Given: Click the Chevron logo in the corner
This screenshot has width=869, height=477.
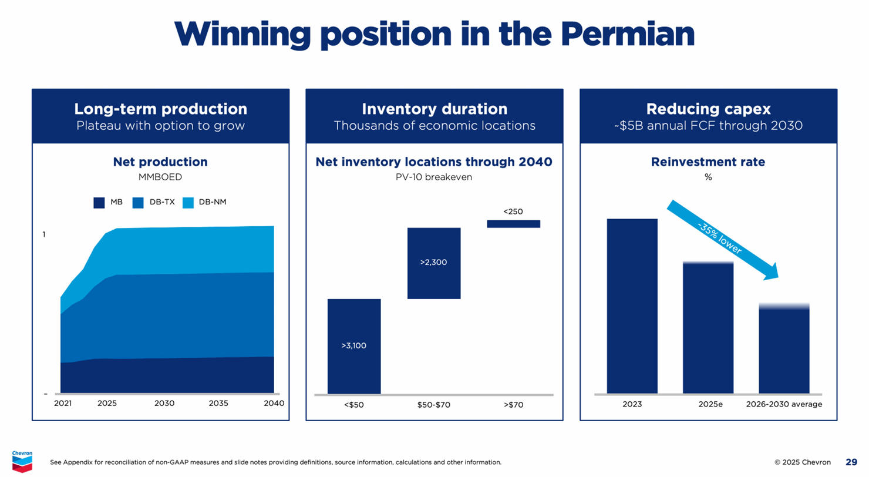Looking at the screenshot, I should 22,461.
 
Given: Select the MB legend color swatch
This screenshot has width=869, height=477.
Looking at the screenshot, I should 99,203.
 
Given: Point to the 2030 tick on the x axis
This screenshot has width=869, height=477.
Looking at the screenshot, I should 164,404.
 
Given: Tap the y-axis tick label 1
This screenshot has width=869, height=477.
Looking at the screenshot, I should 43,234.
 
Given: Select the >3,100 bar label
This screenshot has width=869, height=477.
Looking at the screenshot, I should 353,346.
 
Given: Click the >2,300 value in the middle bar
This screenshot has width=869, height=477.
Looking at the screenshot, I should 433,263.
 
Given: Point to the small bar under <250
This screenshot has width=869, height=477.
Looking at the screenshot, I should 513,224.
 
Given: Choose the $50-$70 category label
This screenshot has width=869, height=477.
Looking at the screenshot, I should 433,405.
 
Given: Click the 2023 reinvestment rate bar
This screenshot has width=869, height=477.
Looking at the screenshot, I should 632,305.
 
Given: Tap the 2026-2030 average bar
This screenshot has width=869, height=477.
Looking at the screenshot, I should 784,350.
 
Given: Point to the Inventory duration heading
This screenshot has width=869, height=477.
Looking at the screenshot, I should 435,109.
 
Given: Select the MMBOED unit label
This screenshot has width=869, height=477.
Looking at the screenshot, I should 160,176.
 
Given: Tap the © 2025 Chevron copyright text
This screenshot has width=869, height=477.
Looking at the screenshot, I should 803,462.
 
